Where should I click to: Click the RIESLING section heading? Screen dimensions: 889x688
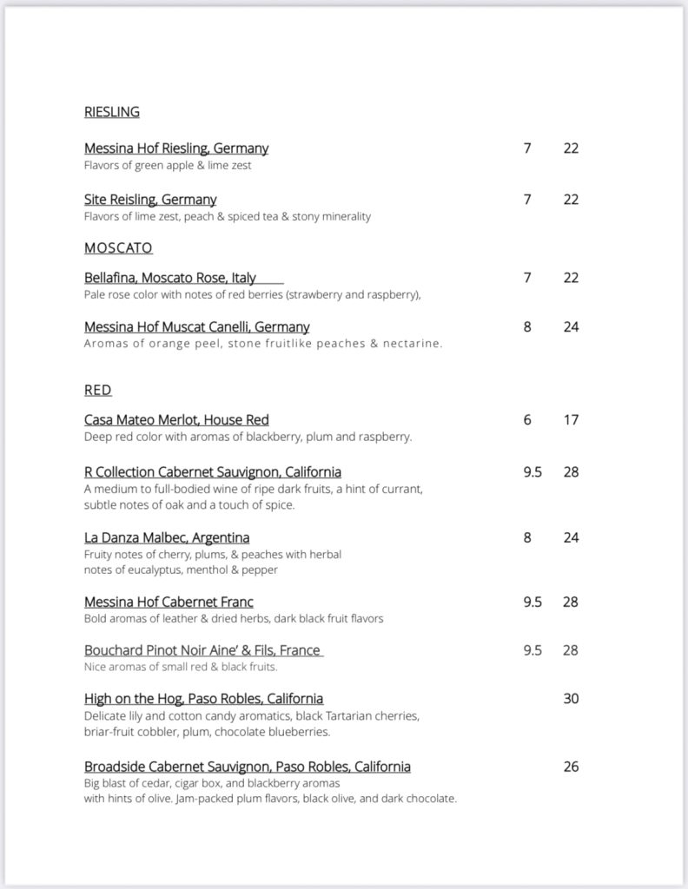(x=111, y=112)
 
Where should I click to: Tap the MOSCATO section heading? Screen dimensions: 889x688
(x=118, y=248)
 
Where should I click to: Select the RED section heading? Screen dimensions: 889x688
(x=97, y=391)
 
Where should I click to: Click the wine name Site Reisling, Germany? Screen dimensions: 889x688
(x=150, y=200)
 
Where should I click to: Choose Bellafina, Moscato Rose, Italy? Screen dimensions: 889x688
(x=170, y=278)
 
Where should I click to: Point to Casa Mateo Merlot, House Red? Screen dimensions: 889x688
(x=176, y=420)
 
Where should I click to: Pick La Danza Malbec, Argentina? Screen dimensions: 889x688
(x=167, y=537)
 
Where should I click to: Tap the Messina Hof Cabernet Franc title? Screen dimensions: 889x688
(x=169, y=602)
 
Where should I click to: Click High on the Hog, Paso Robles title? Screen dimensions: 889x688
(x=203, y=699)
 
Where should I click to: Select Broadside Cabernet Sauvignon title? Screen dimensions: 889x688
(x=247, y=767)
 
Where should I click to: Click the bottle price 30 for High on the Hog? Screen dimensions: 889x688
(x=571, y=699)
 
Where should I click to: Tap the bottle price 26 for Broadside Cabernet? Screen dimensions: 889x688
(x=571, y=767)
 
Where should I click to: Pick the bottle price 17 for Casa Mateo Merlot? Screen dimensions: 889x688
(x=571, y=420)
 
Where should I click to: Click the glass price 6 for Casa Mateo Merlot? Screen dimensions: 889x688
(x=527, y=420)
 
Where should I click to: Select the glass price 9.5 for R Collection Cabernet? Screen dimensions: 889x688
(x=533, y=472)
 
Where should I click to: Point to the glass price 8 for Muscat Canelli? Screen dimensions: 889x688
(x=527, y=327)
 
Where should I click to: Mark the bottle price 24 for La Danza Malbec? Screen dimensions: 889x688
(x=571, y=537)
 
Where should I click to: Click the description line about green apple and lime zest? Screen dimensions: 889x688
(x=168, y=165)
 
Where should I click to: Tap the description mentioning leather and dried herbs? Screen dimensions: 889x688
(x=234, y=619)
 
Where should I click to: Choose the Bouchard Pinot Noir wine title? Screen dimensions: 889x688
(x=202, y=650)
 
